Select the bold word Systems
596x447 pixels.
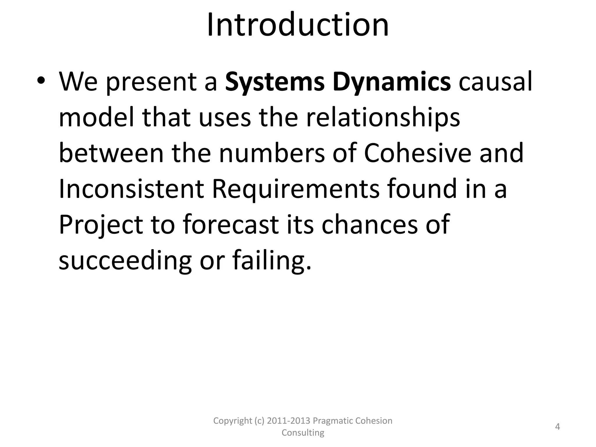(275, 82)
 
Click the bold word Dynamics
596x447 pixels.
(392, 82)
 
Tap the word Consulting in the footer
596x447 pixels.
(303, 432)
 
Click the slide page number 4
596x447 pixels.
(558, 427)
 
